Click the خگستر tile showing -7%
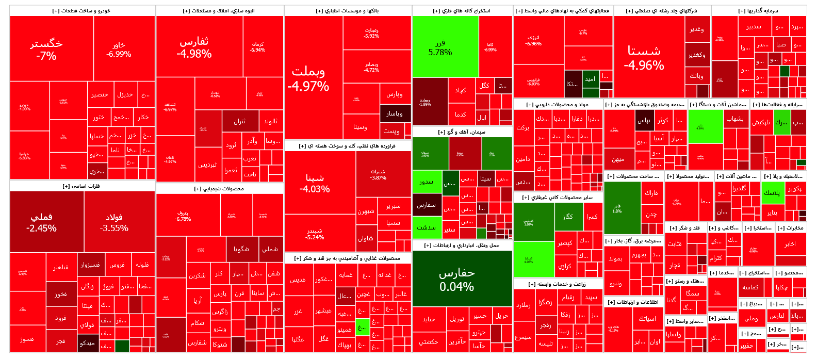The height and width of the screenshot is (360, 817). pos(46,49)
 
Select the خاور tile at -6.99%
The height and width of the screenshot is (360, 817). pos(119,50)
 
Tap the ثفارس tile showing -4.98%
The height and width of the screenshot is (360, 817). pos(194,47)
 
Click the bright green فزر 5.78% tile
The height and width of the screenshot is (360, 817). pos(440,47)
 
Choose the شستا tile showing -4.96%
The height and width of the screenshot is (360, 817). pos(644,58)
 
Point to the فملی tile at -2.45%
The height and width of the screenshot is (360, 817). pos(41,222)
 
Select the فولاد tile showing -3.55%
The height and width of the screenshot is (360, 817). pos(114,222)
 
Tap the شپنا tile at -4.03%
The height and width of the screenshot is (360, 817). pos(315,183)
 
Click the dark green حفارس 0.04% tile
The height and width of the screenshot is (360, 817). pos(456,279)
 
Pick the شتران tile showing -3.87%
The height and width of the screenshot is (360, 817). pos(378,174)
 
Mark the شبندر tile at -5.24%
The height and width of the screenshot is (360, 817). pos(315,234)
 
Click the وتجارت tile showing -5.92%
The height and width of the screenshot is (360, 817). pos(371,34)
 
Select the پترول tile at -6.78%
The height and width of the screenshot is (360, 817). pos(183,216)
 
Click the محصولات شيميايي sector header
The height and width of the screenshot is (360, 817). pos(219,189)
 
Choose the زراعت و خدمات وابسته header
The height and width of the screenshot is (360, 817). pos(557,284)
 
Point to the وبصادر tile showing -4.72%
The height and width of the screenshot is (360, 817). pos(371,67)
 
